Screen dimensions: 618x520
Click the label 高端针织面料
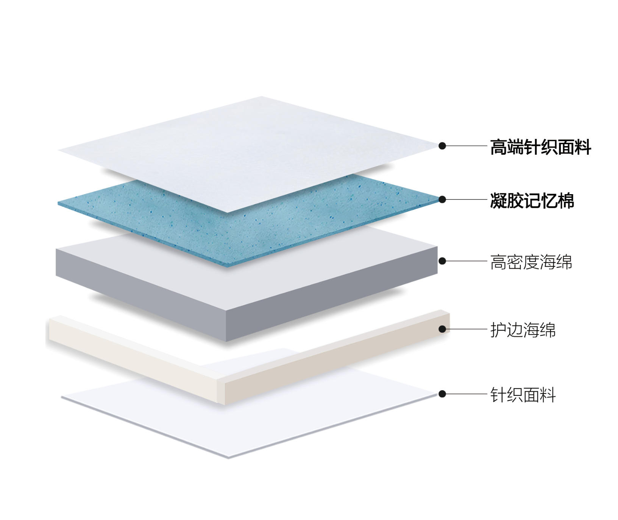coord(540,147)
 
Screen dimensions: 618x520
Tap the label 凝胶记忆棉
coord(532,200)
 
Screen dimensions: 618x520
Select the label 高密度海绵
coord(531,262)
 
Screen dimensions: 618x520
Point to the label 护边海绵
coord(523,330)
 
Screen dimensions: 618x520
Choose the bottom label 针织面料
coord(523,395)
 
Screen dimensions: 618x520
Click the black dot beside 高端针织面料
coord(442,146)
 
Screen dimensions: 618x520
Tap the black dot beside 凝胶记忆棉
coord(442,199)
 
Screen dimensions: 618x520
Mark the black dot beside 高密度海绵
coord(442,261)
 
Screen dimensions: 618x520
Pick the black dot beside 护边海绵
coord(442,329)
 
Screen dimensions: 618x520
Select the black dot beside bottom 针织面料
coord(442,394)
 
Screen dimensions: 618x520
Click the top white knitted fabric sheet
coord(248,151)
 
